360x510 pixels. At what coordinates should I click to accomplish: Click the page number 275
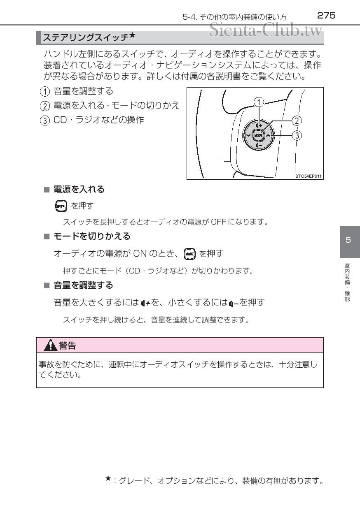tap(326, 16)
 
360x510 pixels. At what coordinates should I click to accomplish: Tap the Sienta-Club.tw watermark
tap(266, 30)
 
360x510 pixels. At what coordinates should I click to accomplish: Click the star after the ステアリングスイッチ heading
tap(132, 36)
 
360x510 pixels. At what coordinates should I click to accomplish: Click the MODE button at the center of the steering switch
tap(258, 135)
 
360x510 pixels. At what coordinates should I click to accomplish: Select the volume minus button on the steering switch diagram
tap(258, 145)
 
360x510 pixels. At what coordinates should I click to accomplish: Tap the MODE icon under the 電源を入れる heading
tap(60, 205)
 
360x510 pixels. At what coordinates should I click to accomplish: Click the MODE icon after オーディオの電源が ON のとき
tap(189, 253)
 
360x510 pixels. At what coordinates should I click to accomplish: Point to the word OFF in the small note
tap(217, 223)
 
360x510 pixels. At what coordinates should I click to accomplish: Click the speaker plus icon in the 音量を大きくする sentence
tap(145, 303)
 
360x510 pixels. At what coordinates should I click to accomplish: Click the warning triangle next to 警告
tap(51, 345)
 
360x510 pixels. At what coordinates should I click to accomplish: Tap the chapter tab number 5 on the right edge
tap(348, 240)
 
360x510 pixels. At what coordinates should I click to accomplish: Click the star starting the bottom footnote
tap(108, 478)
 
